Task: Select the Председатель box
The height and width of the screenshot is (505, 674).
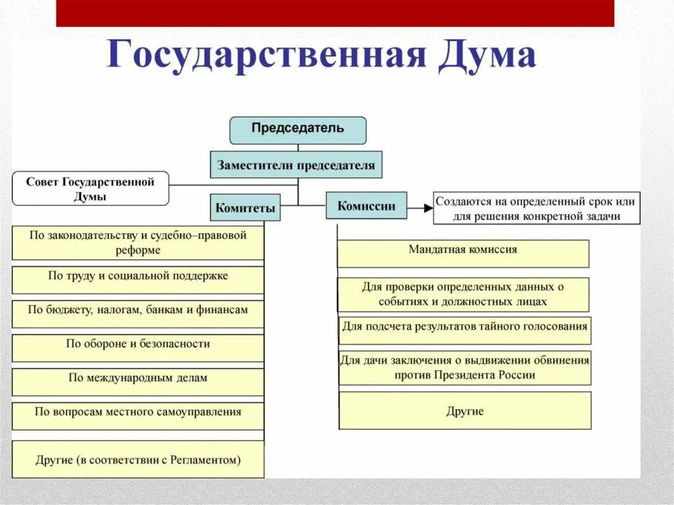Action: pos(298,130)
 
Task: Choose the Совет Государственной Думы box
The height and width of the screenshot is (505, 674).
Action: pos(90,189)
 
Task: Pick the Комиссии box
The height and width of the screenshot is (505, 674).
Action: pos(366,205)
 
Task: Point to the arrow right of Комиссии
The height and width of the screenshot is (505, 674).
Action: pos(419,207)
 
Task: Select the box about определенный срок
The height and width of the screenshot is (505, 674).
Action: pos(536,208)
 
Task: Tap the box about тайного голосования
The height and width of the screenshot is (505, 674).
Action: pos(465,329)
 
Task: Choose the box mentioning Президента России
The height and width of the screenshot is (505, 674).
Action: pos(465,367)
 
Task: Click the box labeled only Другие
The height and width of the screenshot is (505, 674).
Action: pos(465,411)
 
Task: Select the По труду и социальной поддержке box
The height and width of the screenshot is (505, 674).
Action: pos(138,279)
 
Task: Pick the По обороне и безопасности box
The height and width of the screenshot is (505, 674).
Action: pos(138,347)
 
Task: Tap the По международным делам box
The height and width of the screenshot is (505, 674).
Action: pos(138,381)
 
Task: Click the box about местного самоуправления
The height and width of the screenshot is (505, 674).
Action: pos(138,415)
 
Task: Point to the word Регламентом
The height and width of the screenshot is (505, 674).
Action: pos(207,460)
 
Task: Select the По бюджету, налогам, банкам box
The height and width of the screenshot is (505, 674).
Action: pos(138,313)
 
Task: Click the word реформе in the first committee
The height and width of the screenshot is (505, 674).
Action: pos(138,250)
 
